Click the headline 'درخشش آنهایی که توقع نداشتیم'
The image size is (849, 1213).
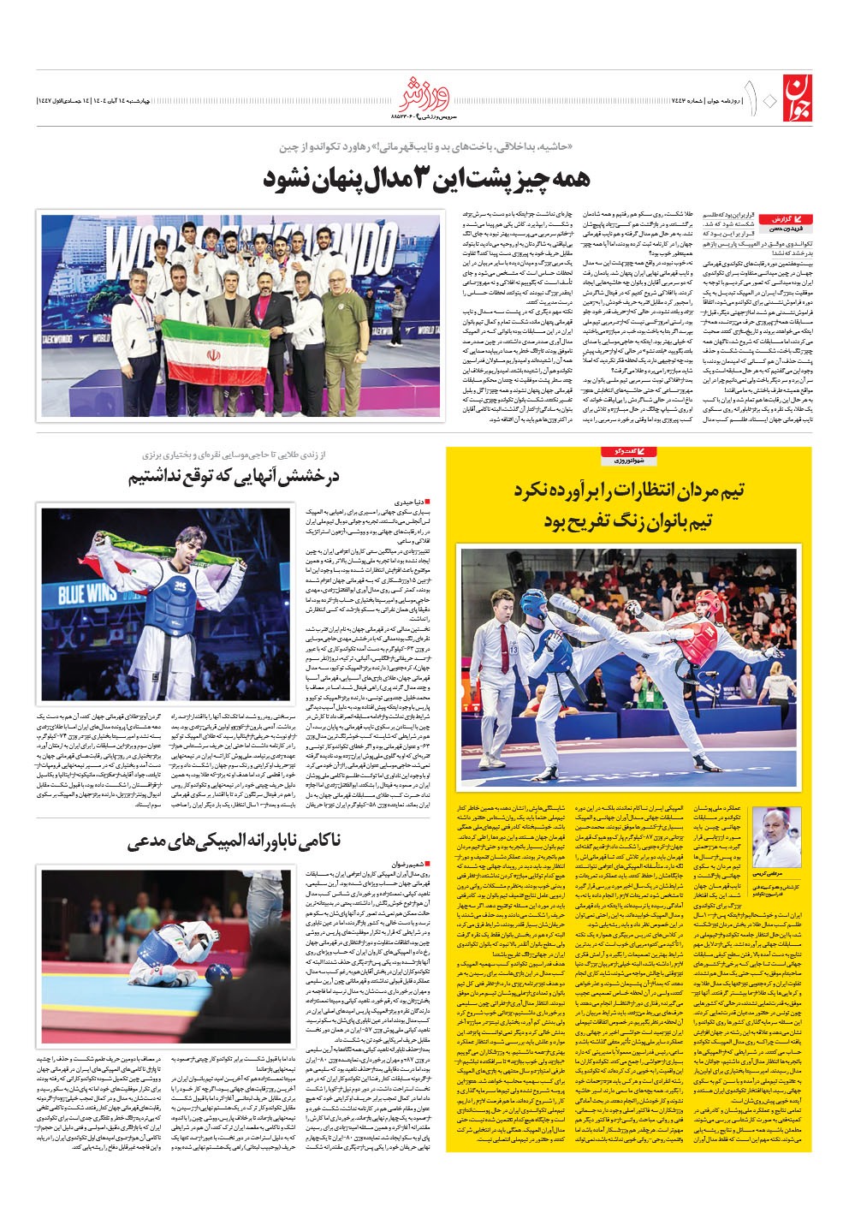tap(235, 477)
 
